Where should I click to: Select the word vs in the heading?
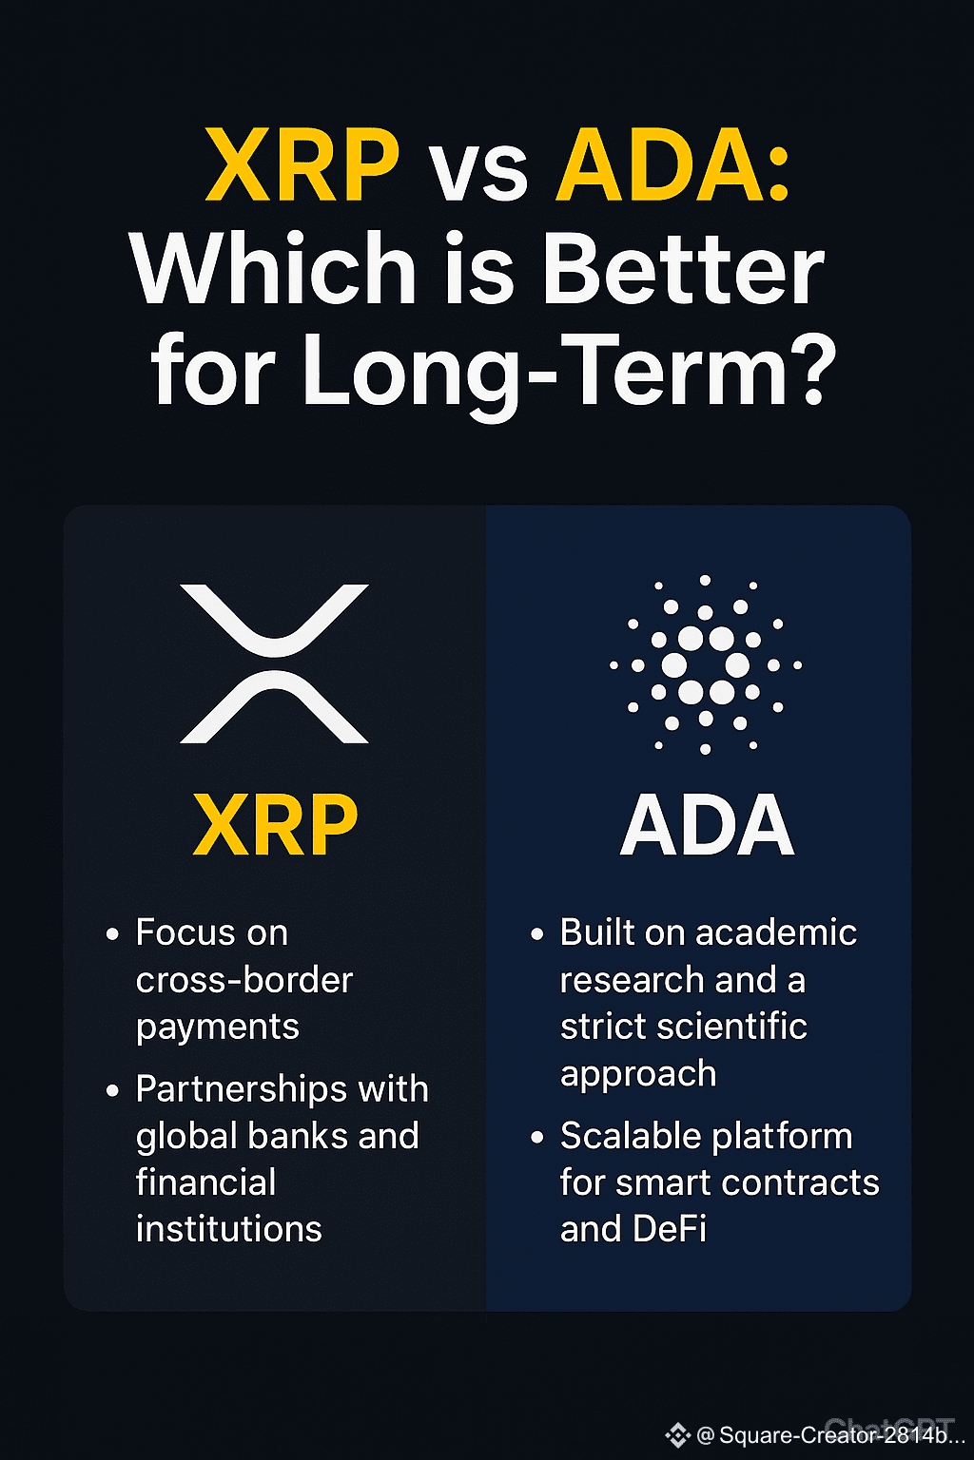pos(479,173)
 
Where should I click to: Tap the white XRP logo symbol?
pos(274,663)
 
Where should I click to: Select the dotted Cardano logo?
pos(705,664)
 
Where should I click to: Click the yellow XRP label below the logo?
pos(275,824)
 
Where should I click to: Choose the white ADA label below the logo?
pos(707,824)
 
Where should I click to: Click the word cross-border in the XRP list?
pos(244,980)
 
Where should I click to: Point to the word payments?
pos(217,1028)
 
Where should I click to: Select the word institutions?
pos(229,1229)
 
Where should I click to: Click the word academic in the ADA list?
pos(776,932)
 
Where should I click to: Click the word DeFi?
pos(670,1229)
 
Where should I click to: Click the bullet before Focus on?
pos(112,934)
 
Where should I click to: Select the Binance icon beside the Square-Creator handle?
pos(678,1434)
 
